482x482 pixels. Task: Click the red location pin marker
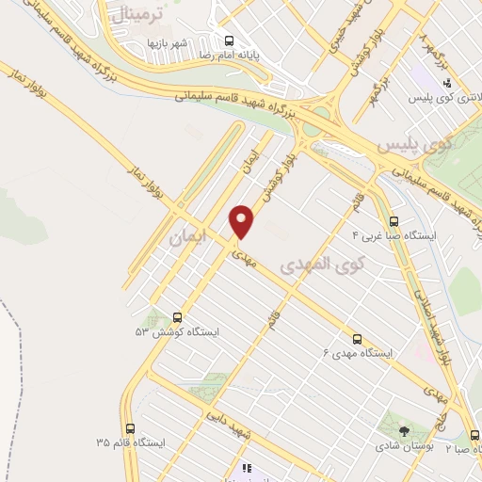coord(243,220)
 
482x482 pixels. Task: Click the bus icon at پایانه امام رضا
coord(229,40)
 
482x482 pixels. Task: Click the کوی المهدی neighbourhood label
coord(316,265)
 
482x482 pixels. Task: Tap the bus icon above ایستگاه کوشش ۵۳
coord(177,317)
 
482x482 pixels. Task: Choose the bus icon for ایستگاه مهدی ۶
coord(356,337)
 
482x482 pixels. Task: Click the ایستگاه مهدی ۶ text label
coord(357,353)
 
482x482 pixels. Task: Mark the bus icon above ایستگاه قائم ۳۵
coord(130,426)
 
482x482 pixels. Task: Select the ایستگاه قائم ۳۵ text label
coord(130,442)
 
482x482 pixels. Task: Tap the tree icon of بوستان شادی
coord(404,431)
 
